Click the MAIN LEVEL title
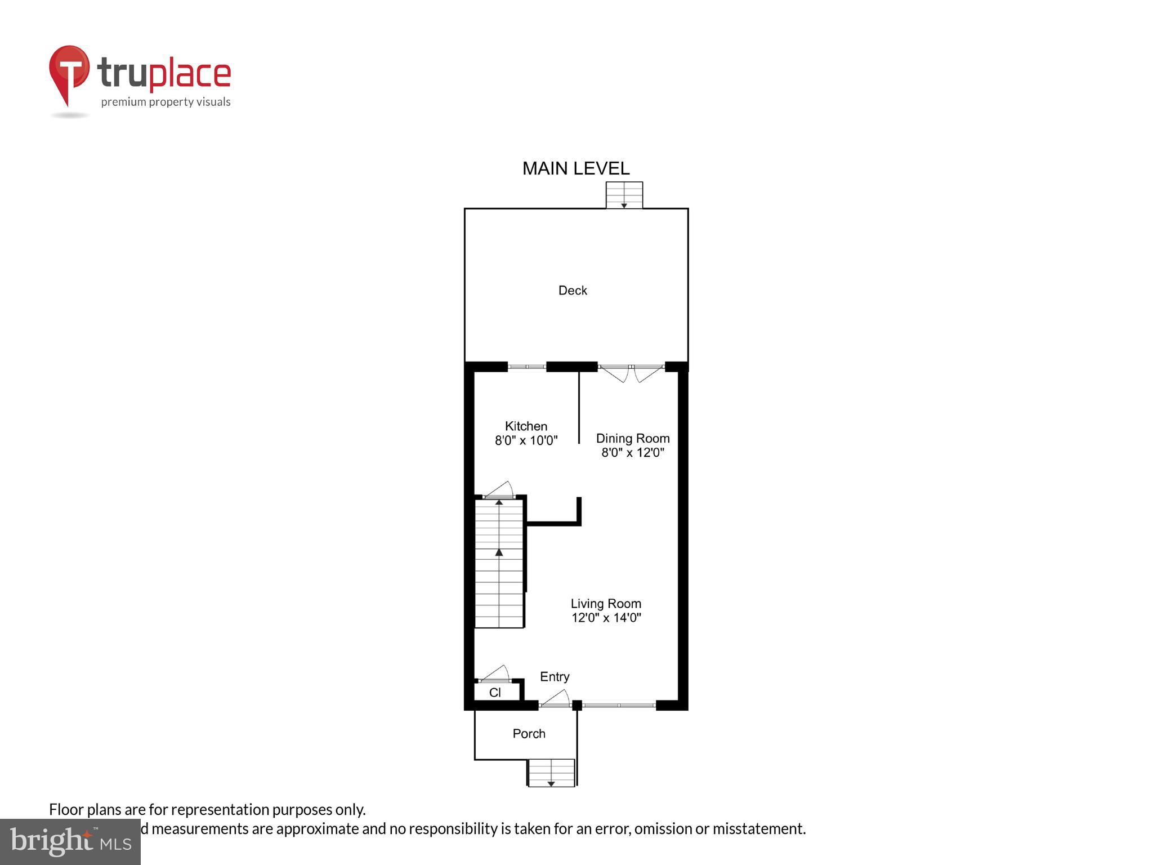tap(575, 168)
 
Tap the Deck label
tap(573, 291)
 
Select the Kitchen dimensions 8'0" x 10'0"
tap(526, 441)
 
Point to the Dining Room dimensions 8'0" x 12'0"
tap(633, 453)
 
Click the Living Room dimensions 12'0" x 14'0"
tap(606, 618)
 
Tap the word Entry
tap(555, 677)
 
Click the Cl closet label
tap(495, 693)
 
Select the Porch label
tap(529, 734)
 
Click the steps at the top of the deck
tap(624, 195)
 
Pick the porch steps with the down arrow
tap(551, 773)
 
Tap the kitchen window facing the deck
tap(527, 367)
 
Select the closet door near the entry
tap(495, 675)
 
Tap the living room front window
tap(619, 705)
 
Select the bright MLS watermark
tap(70, 842)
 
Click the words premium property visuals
tap(166, 102)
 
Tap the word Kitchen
tap(526, 426)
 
